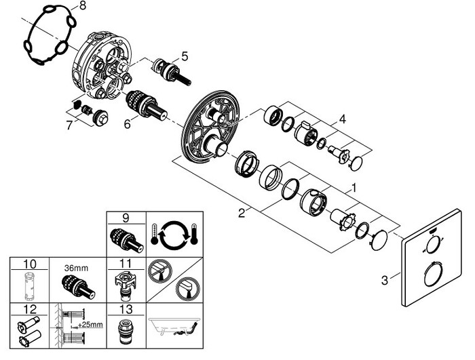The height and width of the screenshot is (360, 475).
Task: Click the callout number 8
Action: pyautogui.click(x=83, y=6)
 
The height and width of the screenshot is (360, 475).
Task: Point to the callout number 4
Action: pyautogui.click(x=343, y=119)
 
